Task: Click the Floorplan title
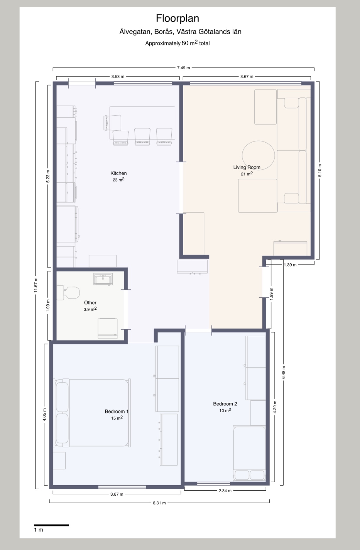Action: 177,18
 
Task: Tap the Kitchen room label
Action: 118,173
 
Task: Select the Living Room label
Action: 247,167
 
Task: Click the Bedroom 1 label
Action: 117,411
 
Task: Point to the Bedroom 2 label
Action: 225,404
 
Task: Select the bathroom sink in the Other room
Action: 103,279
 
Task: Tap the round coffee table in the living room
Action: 258,155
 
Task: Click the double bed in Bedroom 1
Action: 93,413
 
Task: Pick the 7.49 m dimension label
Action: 184,68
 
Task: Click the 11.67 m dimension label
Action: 36,285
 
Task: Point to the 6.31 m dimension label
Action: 159,503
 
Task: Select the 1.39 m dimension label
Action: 290,265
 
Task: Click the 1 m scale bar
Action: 51,525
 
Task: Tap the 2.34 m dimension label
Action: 225,491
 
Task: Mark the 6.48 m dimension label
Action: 284,373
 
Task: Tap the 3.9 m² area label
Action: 90,309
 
